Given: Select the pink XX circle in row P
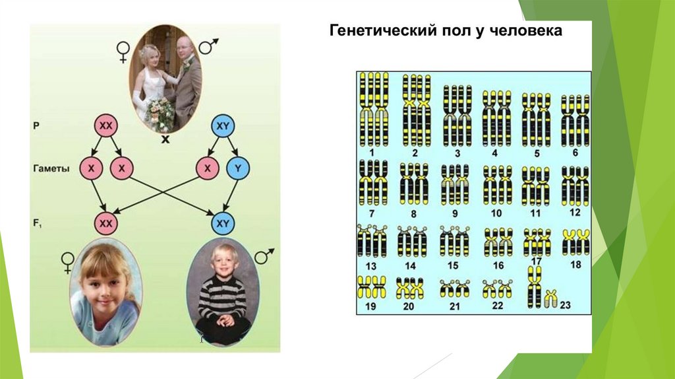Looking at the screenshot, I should pyautogui.click(x=105, y=125).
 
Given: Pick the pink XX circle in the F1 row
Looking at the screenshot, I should pyautogui.click(x=105, y=223).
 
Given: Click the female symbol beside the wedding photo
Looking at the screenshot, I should pyautogui.click(x=123, y=51).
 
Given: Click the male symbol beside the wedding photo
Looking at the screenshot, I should pyautogui.click(x=208, y=46).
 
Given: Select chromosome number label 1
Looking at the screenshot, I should pyautogui.click(x=372, y=152).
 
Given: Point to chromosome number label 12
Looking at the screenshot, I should pyautogui.click(x=575, y=212).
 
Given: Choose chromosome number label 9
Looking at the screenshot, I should pyautogui.click(x=454, y=213).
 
